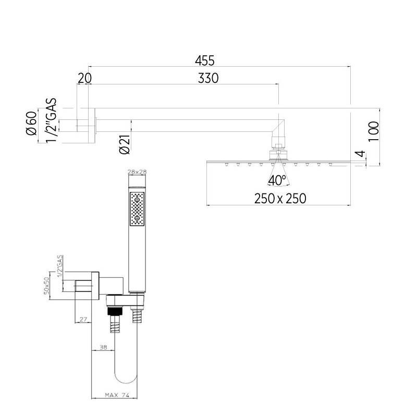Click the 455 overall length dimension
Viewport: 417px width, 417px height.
tap(204, 60)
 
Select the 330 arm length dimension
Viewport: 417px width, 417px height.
tap(208, 78)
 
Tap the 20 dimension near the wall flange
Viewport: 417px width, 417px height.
tap(84, 78)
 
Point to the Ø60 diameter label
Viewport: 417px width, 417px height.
tap(31, 123)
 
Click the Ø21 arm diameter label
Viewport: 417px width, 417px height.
tap(125, 144)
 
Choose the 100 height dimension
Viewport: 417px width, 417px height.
tap(373, 131)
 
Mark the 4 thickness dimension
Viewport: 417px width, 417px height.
tap(360, 154)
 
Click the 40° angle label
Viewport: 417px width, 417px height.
tap(277, 180)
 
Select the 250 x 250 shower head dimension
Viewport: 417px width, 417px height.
tap(280, 199)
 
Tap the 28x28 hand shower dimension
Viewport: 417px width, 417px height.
tap(137, 172)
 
